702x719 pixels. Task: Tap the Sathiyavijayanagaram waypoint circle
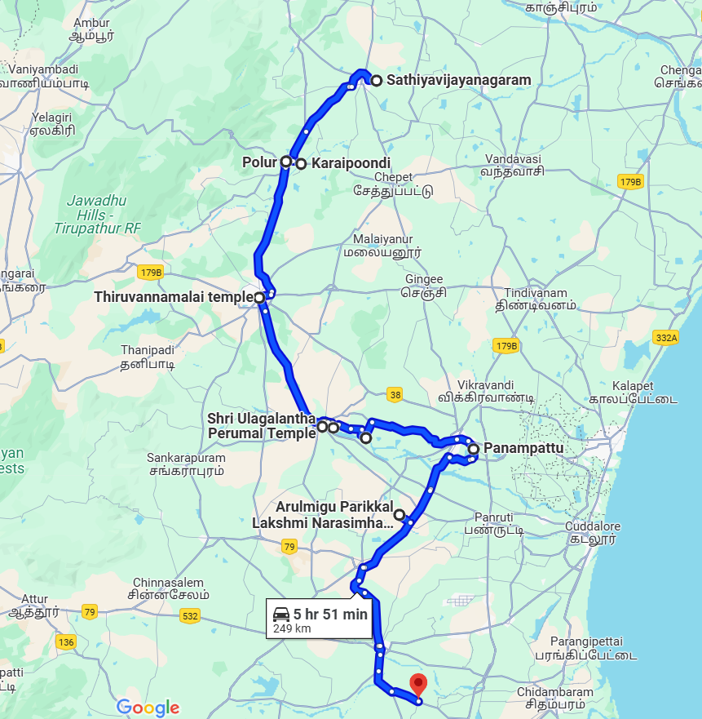click(x=377, y=80)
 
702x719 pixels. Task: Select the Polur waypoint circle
click(x=286, y=162)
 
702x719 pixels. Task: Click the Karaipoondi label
click(x=339, y=163)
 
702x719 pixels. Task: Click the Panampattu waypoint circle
click(x=473, y=448)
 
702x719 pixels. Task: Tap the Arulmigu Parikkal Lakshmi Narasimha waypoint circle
click(x=400, y=514)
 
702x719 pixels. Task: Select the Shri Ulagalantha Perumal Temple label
click(x=262, y=426)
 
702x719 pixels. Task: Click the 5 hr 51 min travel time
click(x=331, y=615)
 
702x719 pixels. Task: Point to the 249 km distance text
click(x=292, y=629)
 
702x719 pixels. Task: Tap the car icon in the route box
click(x=281, y=615)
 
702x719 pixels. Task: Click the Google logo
click(x=148, y=708)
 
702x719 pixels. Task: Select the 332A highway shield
click(x=666, y=337)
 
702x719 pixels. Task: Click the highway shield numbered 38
click(x=395, y=396)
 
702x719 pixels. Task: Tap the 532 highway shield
click(x=190, y=616)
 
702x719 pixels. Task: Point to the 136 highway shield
click(x=66, y=642)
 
